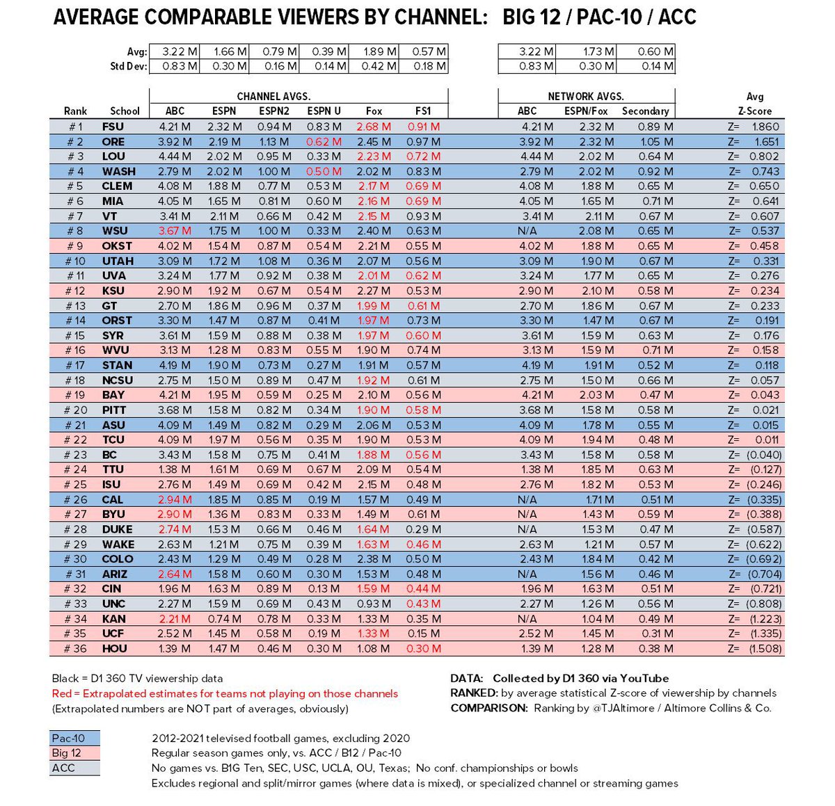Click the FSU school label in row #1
(x=113, y=127)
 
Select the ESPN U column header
(x=324, y=111)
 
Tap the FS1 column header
(x=423, y=111)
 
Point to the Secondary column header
(x=645, y=111)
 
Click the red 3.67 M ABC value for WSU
(x=175, y=231)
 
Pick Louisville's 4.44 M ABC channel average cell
(x=175, y=156)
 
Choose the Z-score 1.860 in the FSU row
(x=765, y=127)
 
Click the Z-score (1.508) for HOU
(x=765, y=648)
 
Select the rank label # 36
(x=75, y=648)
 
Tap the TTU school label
(x=113, y=469)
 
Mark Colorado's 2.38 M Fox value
(x=373, y=559)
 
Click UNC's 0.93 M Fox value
(x=373, y=604)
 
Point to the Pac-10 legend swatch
(x=74, y=739)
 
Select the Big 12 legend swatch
(x=74, y=753)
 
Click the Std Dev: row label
(x=128, y=67)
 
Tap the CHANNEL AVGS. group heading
(x=273, y=97)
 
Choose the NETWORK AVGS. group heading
(x=586, y=97)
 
